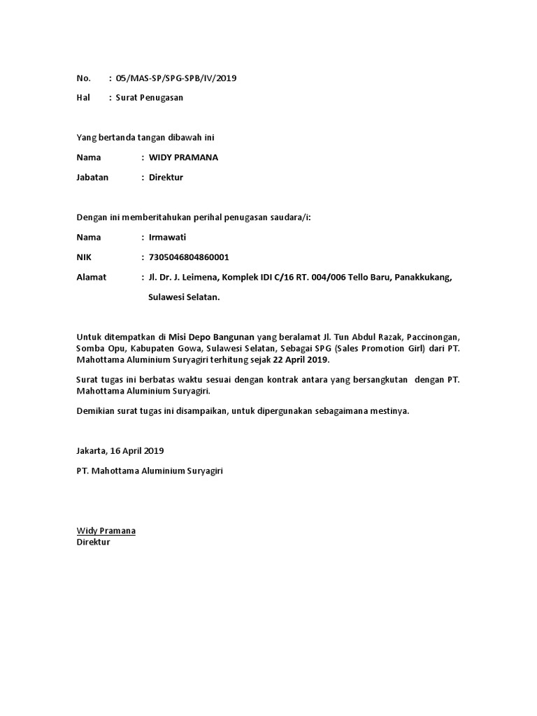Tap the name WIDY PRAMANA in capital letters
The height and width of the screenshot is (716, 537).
(183, 157)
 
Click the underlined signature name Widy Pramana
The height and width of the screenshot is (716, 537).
(106, 531)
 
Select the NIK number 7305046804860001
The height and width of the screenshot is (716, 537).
(189, 257)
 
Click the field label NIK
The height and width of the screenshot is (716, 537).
(84, 257)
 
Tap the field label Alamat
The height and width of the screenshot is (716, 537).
(91, 277)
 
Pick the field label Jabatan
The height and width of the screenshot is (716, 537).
(92, 178)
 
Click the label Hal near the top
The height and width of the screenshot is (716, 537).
(83, 98)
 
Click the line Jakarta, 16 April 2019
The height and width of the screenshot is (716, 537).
(120, 451)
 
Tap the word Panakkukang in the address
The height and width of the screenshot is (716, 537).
(423, 277)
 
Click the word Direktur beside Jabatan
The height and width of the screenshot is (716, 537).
(166, 178)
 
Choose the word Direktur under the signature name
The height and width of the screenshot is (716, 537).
(93, 542)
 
